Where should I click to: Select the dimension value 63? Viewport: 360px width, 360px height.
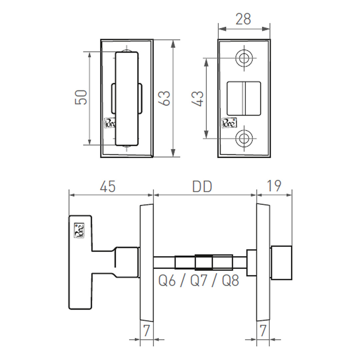(x=166, y=98)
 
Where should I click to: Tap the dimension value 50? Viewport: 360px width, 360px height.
(x=81, y=97)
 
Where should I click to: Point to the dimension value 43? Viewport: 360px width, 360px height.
(x=198, y=98)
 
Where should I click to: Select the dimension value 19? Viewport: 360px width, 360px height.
(x=274, y=186)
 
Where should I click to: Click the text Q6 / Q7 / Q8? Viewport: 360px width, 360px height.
(x=199, y=281)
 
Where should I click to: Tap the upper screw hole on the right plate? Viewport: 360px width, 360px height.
(x=244, y=58)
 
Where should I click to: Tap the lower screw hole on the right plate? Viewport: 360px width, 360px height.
(x=244, y=138)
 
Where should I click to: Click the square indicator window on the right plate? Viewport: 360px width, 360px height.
(x=244, y=98)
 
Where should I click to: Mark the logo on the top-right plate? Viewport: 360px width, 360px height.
(x=229, y=123)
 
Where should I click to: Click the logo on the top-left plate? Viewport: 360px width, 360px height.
(x=110, y=123)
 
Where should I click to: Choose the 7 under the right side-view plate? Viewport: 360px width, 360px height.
(x=263, y=331)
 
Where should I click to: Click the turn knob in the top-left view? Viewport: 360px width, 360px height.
(x=127, y=98)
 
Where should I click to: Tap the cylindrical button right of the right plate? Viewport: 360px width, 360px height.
(x=282, y=262)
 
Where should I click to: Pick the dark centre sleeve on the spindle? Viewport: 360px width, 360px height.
(x=203, y=262)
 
